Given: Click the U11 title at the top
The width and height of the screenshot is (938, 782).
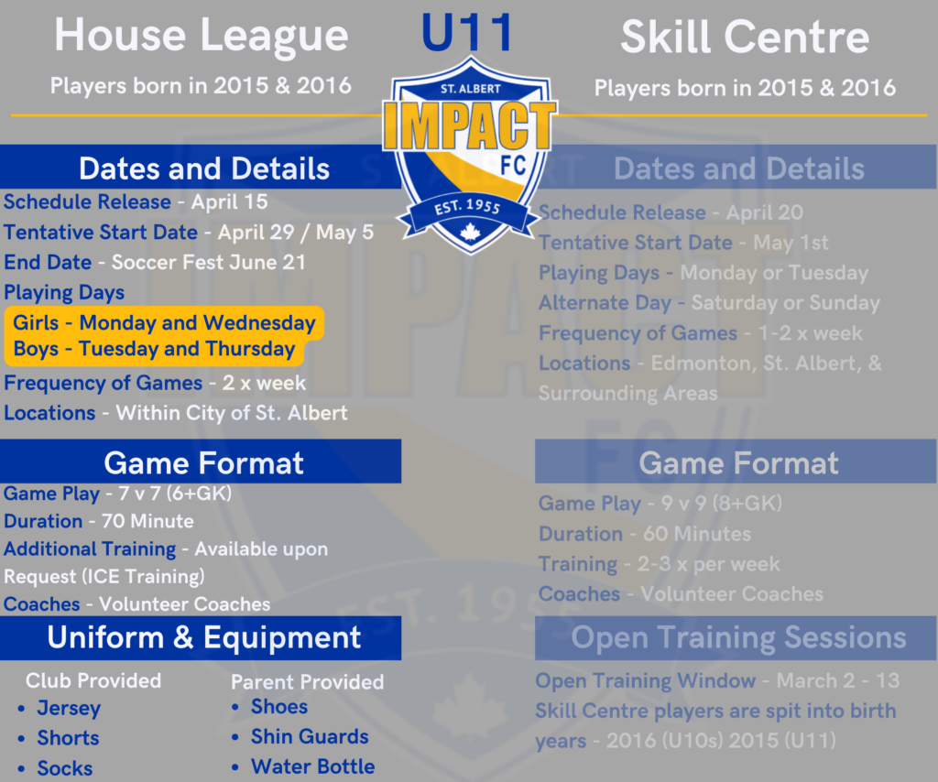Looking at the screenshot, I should click(467, 33).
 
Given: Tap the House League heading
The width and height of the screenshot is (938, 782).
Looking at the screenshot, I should click(201, 37).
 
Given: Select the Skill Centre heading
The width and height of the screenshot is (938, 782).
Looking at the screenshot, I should click(744, 38).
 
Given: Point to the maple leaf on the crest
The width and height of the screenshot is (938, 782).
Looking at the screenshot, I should click(471, 233).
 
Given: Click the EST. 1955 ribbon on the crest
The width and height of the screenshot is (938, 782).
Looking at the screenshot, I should click(468, 207).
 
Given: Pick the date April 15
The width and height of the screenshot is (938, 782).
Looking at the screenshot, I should click(229, 201).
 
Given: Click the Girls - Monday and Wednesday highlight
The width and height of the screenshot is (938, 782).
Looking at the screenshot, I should click(164, 322).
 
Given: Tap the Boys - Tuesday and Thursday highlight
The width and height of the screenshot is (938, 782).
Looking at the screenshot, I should click(154, 349).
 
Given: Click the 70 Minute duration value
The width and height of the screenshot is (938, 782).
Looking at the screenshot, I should click(147, 521).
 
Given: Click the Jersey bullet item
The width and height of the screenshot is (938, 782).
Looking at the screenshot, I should click(69, 708).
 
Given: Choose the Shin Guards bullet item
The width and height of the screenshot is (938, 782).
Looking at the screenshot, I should click(310, 736).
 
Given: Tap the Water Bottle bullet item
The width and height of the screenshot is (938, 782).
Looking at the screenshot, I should click(312, 766).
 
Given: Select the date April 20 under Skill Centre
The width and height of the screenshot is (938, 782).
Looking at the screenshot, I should click(764, 212).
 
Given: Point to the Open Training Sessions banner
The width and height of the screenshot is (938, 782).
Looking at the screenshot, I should click(738, 637).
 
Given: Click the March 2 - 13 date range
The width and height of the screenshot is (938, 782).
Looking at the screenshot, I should click(837, 680).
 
